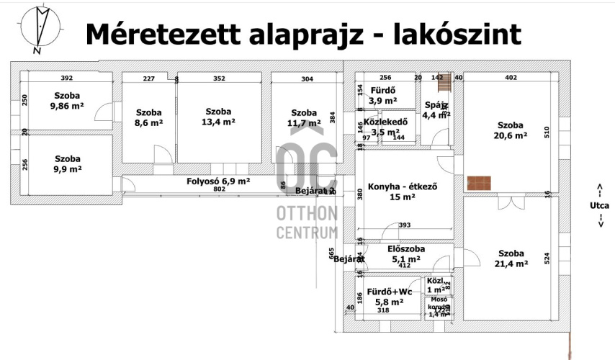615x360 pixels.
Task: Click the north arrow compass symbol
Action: tap(41, 27)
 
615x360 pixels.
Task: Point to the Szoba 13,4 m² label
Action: tap(219, 117)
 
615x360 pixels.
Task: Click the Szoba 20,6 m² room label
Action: tap(510, 129)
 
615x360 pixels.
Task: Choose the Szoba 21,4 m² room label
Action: tap(510, 259)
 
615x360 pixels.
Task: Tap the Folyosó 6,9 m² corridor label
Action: tap(218, 181)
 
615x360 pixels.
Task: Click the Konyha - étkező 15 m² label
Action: tap(402, 192)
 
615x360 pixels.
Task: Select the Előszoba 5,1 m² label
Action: tap(405, 254)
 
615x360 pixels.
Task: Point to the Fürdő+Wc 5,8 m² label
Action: tap(389, 297)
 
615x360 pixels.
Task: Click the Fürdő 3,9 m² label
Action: tap(382, 96)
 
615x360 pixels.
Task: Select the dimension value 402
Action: tap(511, 78)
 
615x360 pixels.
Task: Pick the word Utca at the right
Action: tap(599, 205)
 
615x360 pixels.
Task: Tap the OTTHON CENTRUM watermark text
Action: tap(307, 222)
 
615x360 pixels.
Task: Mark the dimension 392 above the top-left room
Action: tap(67, 78)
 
